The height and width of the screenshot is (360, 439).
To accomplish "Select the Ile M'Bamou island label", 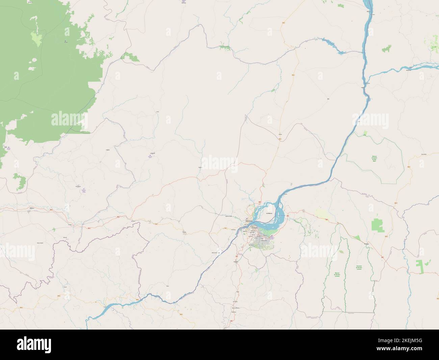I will pos(269,213).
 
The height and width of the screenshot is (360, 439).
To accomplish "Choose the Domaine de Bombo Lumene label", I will pos(359,267).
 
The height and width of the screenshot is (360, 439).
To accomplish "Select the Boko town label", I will pos(168,286).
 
